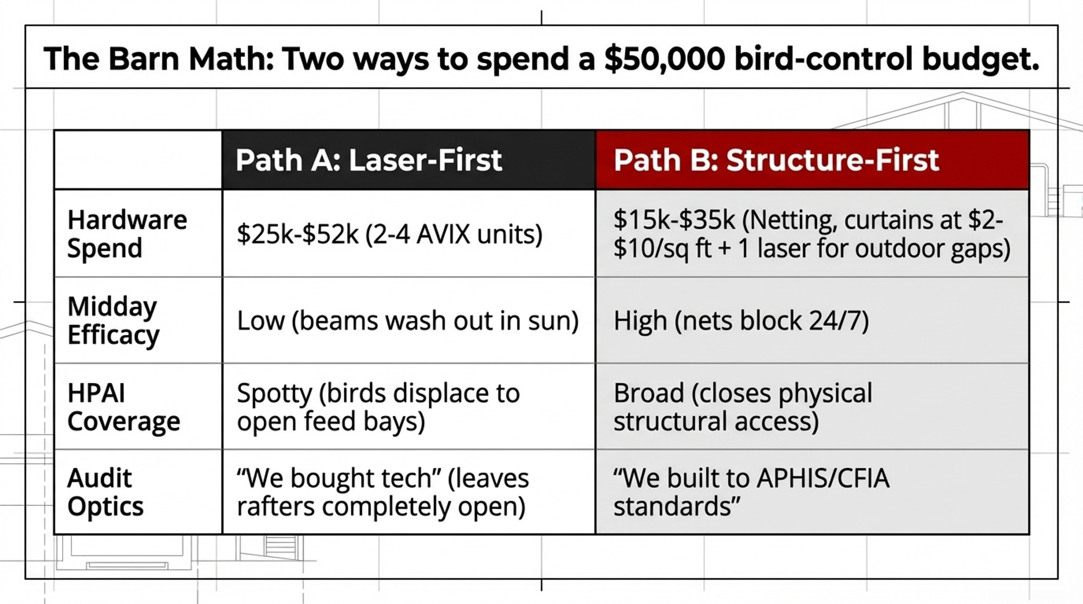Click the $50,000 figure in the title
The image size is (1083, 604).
664,59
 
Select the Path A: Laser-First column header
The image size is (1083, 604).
369,160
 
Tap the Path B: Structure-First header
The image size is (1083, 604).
776,160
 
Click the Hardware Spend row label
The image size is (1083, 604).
127,234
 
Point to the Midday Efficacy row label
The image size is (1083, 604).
113,320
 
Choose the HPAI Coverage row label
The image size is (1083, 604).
123,407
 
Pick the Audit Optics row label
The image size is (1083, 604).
105,493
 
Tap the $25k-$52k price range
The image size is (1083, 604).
297,234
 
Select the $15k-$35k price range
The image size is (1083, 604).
674,220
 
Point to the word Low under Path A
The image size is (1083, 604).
260,321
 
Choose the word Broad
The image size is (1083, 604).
649,393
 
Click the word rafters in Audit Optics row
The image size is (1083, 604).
276,507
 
